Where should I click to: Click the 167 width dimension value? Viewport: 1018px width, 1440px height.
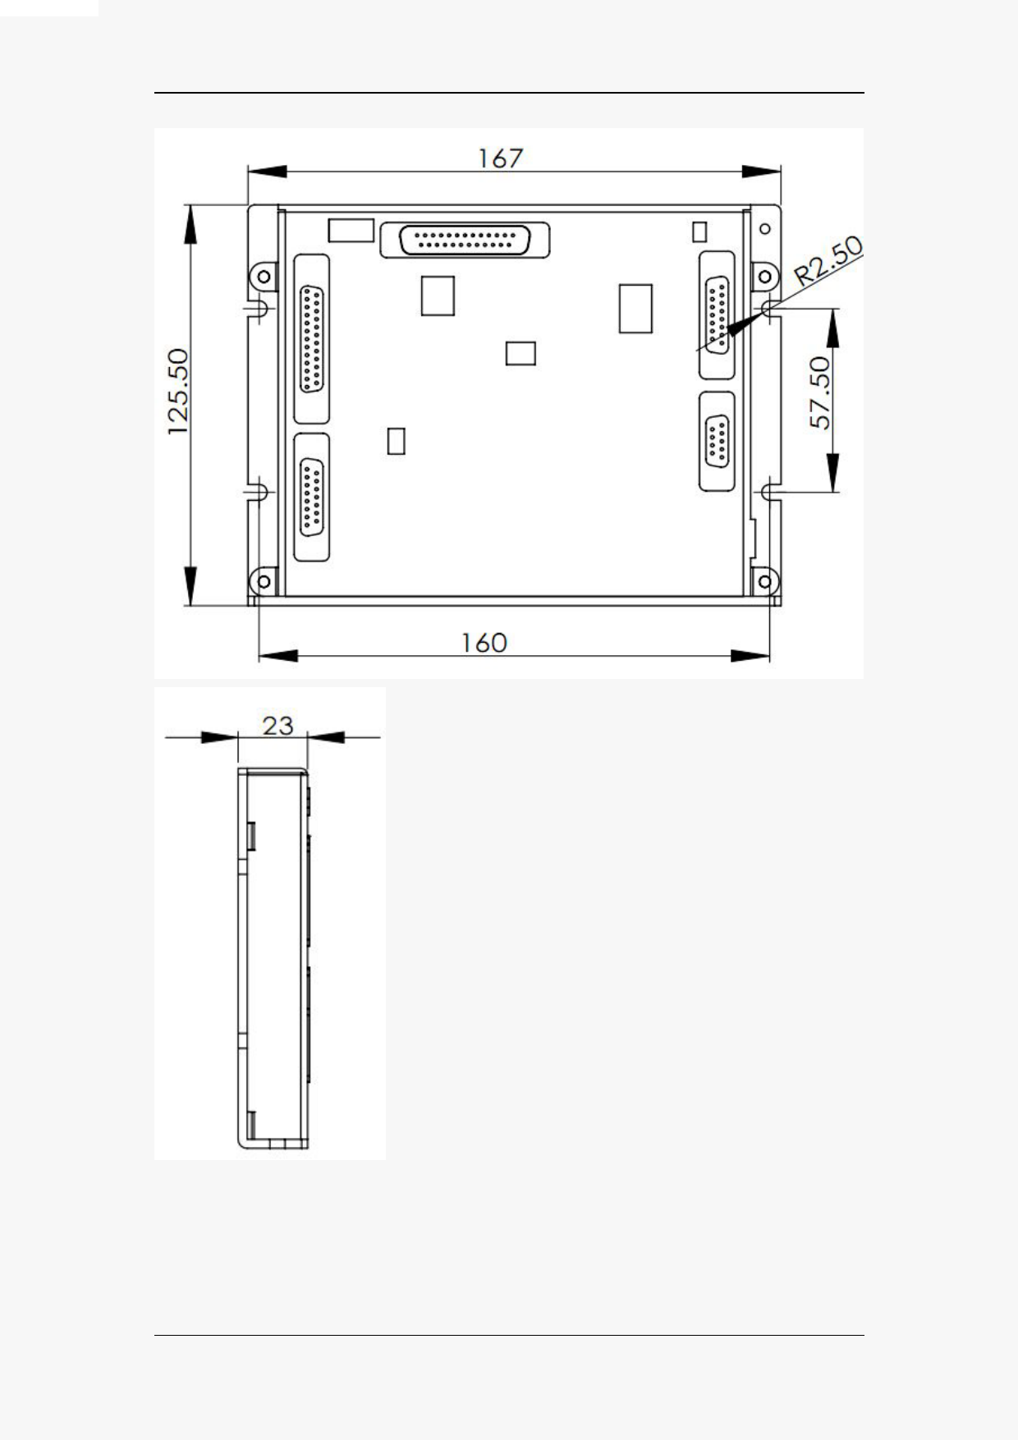coord(501,158)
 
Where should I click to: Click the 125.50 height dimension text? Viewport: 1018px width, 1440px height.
coord(179,392)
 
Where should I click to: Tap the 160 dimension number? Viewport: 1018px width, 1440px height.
coord(484,642)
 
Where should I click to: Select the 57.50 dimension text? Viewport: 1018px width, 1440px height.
coord(821,392)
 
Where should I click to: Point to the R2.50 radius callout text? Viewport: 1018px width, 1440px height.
coord(829,261)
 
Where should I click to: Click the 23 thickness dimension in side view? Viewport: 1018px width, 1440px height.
coord(277,726)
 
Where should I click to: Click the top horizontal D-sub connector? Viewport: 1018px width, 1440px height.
coord(465,241)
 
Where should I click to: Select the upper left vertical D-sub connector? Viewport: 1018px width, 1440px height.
coord(311,340)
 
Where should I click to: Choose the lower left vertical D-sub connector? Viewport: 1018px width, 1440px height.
coord(311,498)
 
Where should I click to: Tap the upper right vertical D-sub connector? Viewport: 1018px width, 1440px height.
coord(717,315)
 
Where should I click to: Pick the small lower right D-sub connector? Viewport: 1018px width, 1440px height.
coord(717,443)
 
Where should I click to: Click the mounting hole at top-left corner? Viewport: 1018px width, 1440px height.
coord(264,277)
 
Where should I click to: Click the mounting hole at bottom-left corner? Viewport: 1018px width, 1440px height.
coord(264,582)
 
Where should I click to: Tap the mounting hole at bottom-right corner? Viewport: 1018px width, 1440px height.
coord(764,582)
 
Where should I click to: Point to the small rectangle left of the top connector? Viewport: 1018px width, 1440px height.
coord(351,231)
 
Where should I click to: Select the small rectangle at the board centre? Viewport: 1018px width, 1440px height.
coord(520,353)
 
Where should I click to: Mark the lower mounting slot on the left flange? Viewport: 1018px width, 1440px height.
coord(256,492)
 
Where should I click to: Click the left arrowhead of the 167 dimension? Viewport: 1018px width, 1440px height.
coord(268,172)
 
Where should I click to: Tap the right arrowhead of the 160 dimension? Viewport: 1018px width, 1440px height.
coord(750,656)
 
